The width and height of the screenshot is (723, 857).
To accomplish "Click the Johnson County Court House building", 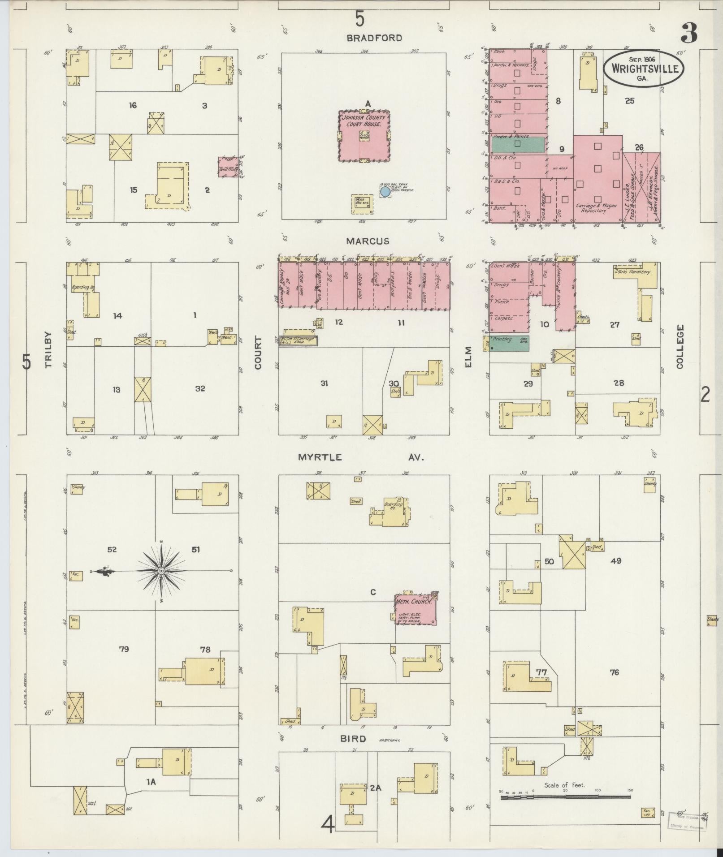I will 363,136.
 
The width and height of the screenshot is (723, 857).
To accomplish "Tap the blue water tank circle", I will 385,192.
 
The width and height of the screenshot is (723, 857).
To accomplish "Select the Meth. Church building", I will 415,608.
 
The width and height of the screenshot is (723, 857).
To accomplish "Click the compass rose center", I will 161,571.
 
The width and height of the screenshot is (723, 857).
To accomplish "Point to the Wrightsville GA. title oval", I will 644,69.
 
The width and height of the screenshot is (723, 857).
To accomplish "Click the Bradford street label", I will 374,38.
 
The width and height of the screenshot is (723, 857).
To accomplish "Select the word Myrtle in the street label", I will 320,457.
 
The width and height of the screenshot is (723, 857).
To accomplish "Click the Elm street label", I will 469,357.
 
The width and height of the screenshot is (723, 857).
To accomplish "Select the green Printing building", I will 509,343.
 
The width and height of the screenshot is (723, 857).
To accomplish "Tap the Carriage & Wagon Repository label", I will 595,208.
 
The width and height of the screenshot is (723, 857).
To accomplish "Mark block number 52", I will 112,549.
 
